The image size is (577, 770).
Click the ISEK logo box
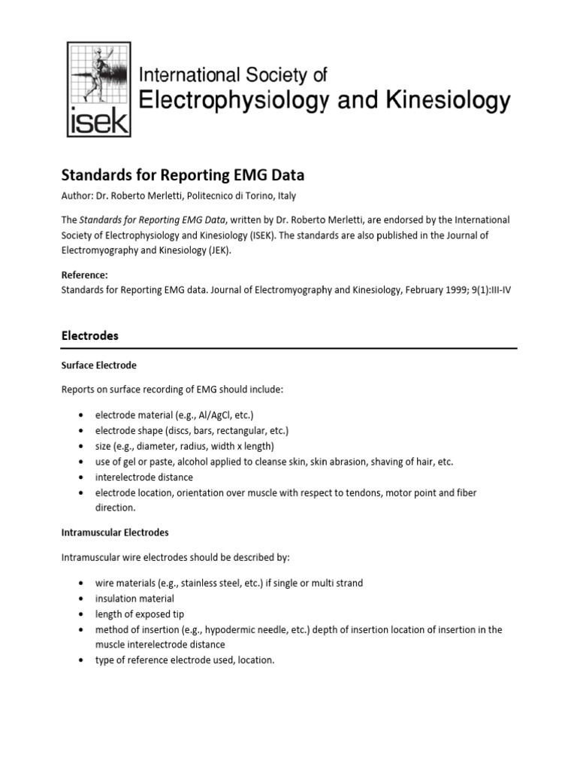click(x=98, y=89)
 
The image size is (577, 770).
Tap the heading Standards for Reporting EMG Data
click(x=182, y=175)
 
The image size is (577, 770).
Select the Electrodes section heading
click(x=89, y=336)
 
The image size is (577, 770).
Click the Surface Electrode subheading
click(x=98, y=365)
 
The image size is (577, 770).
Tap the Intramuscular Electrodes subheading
click(x=114, y=532)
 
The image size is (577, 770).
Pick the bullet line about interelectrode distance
click(x=143, y=477)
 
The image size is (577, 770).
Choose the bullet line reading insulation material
click(x=134, y=599)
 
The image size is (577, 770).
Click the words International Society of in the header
click(x=234, y=74)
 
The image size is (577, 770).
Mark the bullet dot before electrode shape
click(x=80, y=431)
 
